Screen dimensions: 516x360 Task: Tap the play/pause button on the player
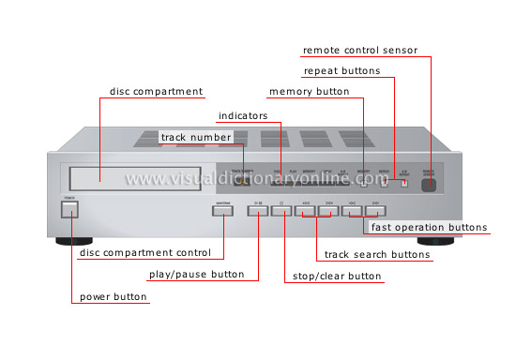click(259, 210)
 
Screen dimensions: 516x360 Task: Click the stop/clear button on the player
click(282, 210)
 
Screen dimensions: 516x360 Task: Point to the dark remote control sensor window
click(431, 184)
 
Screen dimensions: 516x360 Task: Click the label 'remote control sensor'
click(359, 50)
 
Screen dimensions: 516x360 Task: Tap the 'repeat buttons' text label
click(341, 71)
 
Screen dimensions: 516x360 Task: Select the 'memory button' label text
click(309, 93)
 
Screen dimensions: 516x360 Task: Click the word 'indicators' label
click(243, 116)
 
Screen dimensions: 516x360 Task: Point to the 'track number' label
click(194, 137)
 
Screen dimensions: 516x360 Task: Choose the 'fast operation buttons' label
click(429, 228)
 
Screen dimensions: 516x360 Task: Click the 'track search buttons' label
click(376, 255)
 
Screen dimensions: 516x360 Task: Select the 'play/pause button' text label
click(197, 276)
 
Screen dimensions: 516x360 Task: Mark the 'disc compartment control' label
click(151, 253)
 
